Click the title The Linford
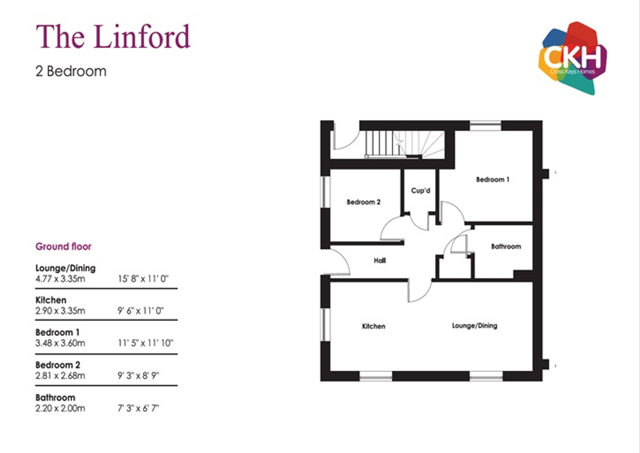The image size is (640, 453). (113, 36)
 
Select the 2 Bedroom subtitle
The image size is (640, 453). (71, 71)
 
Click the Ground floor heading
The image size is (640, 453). (63, 247)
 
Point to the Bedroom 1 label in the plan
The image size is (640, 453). (492, 180)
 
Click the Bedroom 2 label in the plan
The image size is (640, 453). (363, 202)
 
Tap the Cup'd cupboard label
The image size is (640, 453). (421, 191)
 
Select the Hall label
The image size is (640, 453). (380, 260)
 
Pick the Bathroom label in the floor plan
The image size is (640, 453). (506, 247)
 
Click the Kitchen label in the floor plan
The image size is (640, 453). (373, 326)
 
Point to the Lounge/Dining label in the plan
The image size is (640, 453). (474, 326)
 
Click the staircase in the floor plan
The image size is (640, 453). (404, 145)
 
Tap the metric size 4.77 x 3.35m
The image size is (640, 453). (60, 279)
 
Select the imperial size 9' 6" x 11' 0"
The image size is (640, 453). (141, 311)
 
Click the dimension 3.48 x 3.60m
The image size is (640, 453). (60, 343)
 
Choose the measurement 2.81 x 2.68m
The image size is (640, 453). (60, 376)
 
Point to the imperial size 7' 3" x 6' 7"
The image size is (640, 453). (138, 408)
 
